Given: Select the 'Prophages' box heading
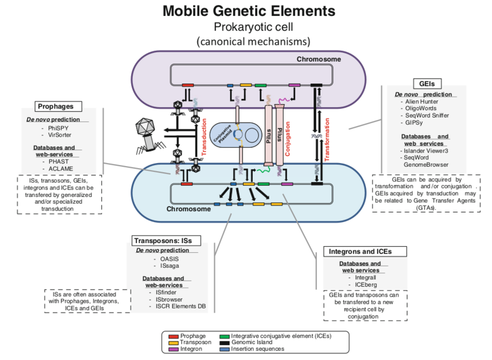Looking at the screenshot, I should click(56, 106).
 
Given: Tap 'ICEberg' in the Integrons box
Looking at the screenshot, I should click(362, 285).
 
